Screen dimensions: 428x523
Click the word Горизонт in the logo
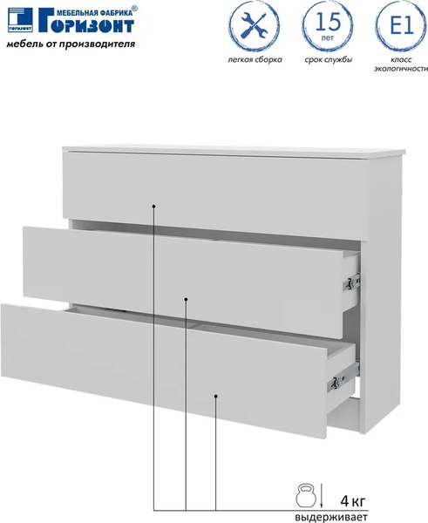[x=86, y=23]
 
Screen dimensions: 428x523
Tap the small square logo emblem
[x=20, y=20]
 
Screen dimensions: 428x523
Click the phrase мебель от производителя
[x=71, y=44]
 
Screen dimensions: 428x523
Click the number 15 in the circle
[x=328, y=22]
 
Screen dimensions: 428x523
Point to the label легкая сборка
[x=255, y=59]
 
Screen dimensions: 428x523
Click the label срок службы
[x=329, y=60]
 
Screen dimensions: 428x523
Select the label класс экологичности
[x=401, y=65]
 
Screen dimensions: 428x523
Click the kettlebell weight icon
[x=306, y=496]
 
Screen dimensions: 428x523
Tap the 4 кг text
[x=353, y=500]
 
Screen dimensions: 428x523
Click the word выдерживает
[x=330, y=517]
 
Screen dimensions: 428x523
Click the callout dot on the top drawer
[x=153, y=207]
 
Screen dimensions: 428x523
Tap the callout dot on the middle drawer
[x=187, y=299]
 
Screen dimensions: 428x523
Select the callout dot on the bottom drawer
[x=216, y=397]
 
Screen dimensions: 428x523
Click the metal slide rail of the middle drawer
[x=351, y=282]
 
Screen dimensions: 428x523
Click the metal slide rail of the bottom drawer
[x=343, y=377]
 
